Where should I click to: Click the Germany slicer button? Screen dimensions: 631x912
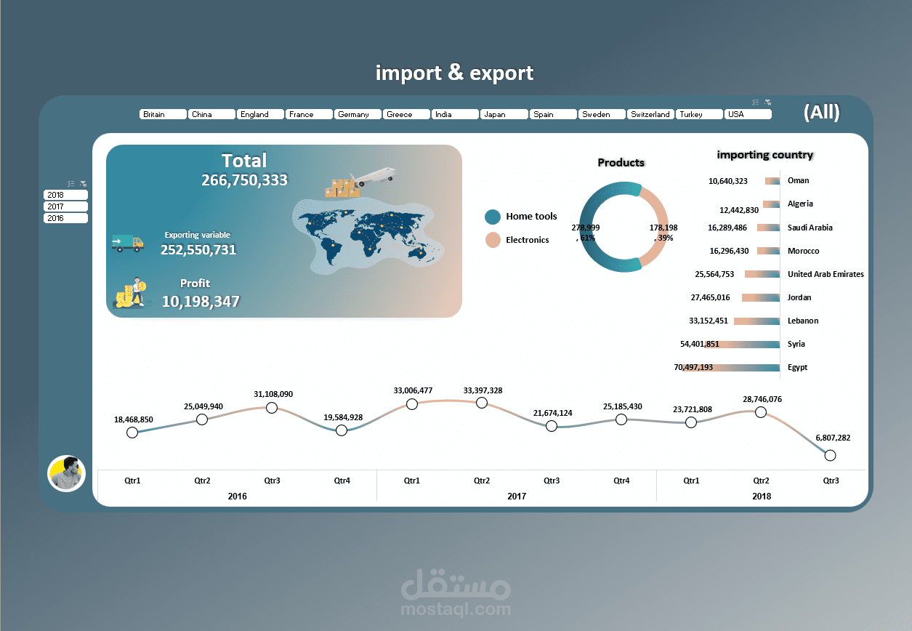click(358, 114)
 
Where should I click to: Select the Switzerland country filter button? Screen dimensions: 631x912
click(650, 114)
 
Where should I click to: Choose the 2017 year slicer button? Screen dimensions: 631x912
click(65, 206)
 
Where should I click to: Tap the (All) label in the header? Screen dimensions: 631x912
click(821, 112)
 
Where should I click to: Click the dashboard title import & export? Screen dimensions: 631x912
click(455, 73)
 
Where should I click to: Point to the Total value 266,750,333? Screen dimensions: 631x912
click(244, 180)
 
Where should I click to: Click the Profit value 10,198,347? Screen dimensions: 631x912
click(201, 301)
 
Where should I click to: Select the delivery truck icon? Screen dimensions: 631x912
click(127, 243)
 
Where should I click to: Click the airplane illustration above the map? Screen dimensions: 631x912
click(372, 175)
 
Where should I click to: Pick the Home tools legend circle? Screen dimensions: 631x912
click(493, 217)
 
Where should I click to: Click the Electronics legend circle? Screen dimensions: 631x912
click(493, 240)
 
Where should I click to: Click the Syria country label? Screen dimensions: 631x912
click(796, 344)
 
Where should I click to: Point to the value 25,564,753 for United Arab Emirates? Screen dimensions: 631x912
click(714, 274)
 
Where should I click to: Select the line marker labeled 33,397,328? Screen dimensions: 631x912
click(482, 403)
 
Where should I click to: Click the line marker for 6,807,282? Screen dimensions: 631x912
click(831, 455)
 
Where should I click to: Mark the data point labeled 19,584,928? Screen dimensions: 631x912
click(342, 430)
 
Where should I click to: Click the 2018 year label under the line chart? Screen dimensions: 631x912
click(761, 496)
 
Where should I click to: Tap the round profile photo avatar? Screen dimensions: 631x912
click(67, 473)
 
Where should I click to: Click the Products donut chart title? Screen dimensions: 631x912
click(621, 162)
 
